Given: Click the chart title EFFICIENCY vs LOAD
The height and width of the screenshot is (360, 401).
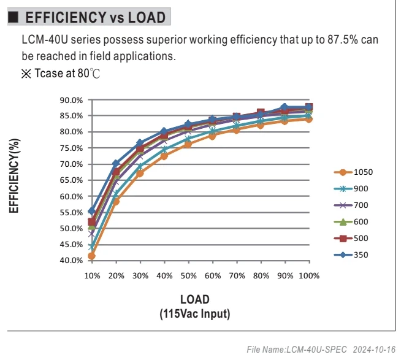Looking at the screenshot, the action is point(96,17).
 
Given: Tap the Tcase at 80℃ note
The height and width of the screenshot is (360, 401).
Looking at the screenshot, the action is point(61,74).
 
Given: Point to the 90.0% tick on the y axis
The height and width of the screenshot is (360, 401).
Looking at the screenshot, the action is point(71,100).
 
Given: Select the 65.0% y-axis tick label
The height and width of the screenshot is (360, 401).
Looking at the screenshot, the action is point(71,180).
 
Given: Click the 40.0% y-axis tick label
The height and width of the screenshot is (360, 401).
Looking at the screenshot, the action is point(71,261).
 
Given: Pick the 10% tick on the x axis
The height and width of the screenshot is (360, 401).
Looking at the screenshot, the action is point(92,275).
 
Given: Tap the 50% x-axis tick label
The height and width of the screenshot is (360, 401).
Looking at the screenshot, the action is point(188,275).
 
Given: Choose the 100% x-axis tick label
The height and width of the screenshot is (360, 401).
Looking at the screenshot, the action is point(309,275).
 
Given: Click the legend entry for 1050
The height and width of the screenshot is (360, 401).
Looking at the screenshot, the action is point(353,172).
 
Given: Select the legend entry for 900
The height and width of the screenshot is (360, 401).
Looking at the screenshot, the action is point(351,189).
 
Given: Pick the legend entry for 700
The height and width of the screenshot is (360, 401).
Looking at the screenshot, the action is point(351,205).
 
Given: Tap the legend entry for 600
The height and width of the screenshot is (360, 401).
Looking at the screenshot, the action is point(351,222).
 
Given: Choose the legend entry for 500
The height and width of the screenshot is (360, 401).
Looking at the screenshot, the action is point(351,239).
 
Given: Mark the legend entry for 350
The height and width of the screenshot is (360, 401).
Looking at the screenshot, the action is point(351,255).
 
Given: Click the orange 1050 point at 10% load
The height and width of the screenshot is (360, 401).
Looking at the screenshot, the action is point(91,256).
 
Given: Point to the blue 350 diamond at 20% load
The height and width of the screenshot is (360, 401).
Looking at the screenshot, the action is point(116,163).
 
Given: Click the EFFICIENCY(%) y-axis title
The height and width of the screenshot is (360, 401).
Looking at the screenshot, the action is point(14,176).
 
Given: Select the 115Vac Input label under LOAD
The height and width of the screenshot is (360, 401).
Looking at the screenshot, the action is point(195,314).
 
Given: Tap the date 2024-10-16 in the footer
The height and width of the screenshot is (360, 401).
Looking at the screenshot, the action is point(374,350).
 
